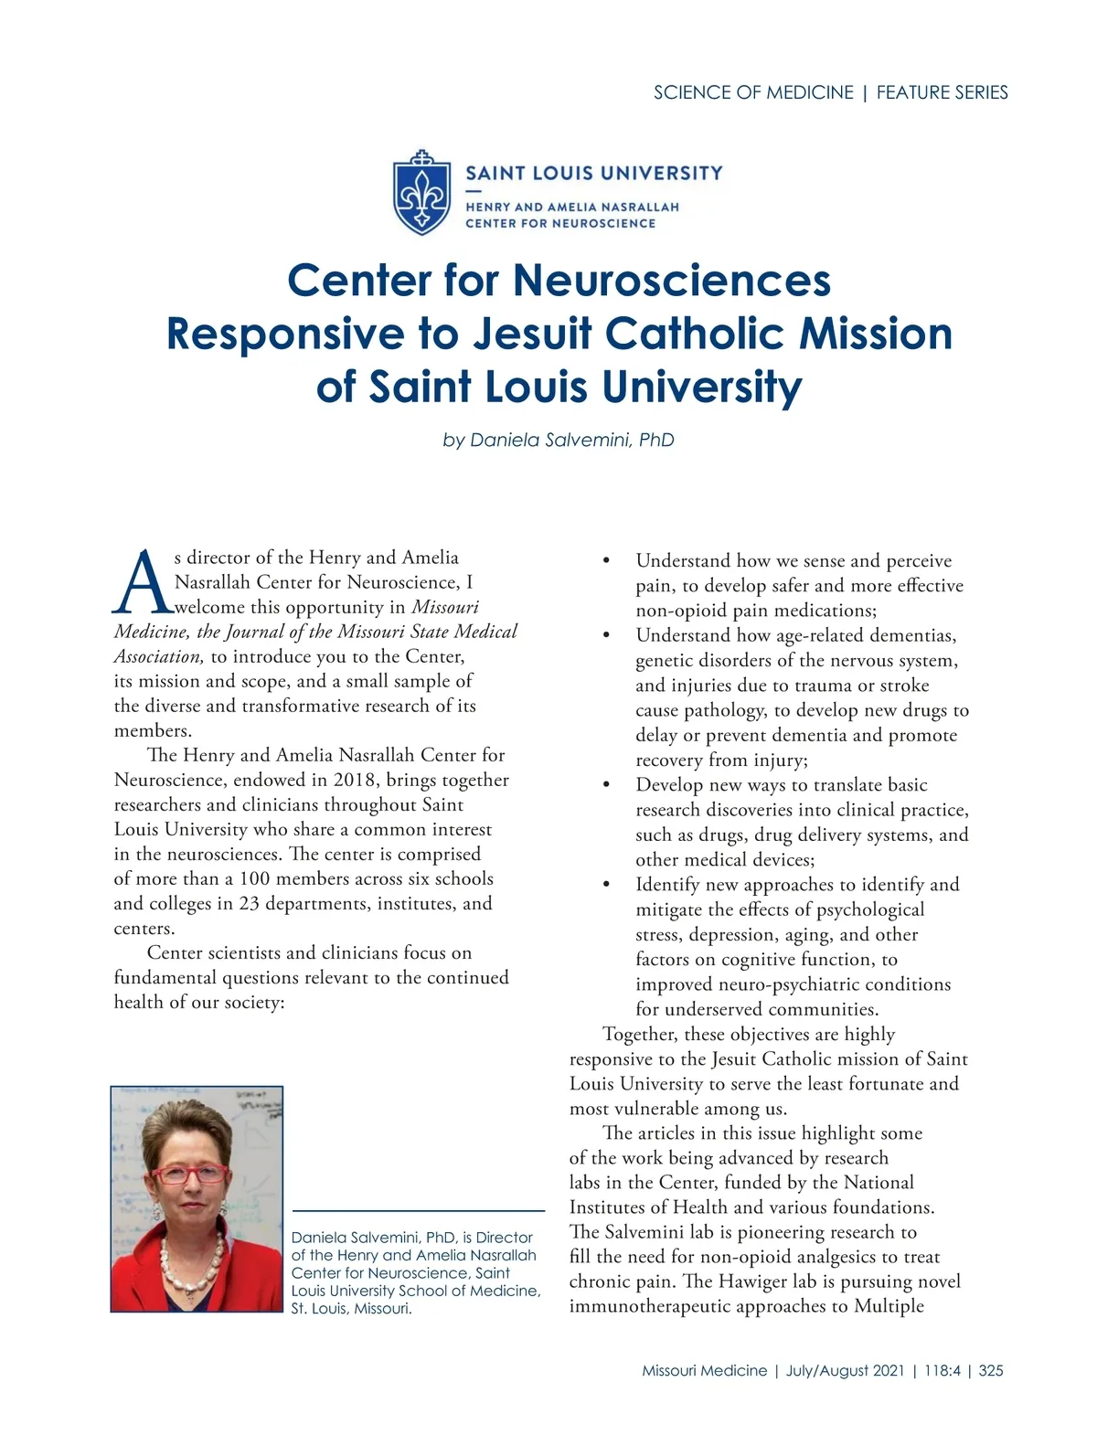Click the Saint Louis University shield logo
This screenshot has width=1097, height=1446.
click(421, 193)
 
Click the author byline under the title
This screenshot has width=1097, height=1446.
click(559, 440)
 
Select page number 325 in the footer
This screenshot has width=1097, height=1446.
click(991, 1370)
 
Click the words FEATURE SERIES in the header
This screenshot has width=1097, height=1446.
click(942, 92)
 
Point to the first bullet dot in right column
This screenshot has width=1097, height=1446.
click(606, 560)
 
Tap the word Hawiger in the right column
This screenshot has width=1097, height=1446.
click(753, 1281)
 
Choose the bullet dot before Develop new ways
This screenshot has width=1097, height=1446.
click(606, 784)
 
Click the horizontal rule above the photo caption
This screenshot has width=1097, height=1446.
click(418, 1210)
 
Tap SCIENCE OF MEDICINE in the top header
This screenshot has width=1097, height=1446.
click(753, 92)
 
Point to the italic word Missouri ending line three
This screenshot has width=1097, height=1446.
click(445, 607)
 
